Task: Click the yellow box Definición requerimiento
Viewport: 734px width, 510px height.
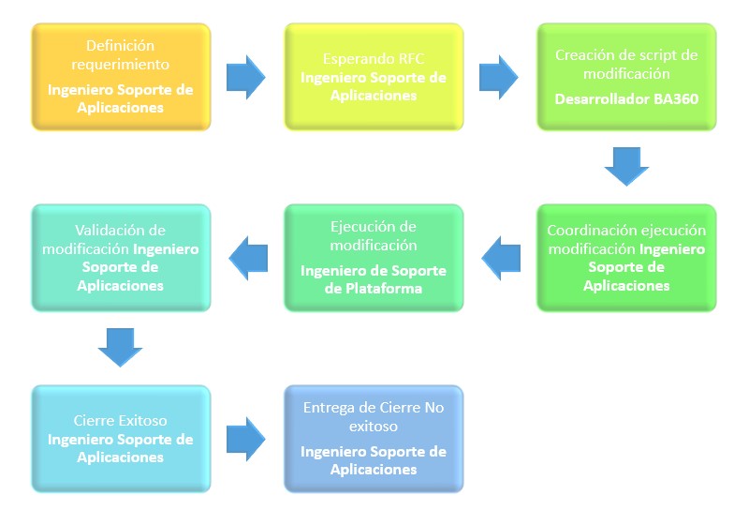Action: pos(121,77)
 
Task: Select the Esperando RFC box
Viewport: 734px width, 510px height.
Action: pos(374,77)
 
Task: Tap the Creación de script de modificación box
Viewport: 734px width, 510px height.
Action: pos(626,77)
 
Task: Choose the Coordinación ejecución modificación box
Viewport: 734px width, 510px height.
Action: pos(626,258)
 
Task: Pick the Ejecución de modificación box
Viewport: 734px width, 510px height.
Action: pos(374,258)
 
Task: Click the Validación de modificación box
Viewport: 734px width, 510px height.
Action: pos(121,258)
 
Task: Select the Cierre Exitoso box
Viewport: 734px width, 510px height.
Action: pos(121,439)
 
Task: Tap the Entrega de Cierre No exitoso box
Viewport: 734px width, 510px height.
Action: pos(374,439)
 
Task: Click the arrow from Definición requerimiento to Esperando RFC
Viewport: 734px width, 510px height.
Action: pos(246,77)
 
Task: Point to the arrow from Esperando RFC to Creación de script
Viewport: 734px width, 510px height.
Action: pos(499,77)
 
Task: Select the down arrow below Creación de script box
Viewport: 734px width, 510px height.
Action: pos(626,167)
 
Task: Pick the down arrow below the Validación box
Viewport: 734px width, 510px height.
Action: pos(120,348)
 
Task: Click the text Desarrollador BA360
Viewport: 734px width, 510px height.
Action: pos(626,97)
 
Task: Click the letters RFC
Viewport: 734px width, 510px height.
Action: pos(410,60)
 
